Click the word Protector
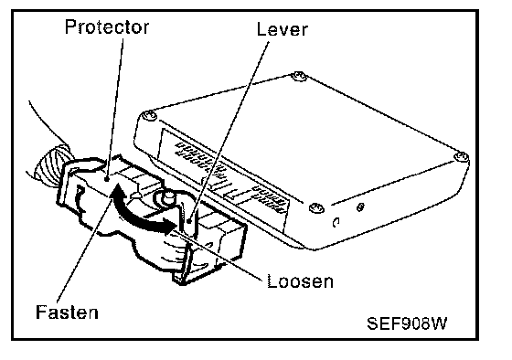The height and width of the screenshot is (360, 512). pyautogui.click(x=107, y=26)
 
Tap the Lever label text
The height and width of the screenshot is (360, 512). pyautogui.click(x=282, y=29)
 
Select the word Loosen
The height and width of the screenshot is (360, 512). pyautogui.click(x=300, y=281)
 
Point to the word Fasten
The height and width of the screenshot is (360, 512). pyautogui.click(x=67, y=312)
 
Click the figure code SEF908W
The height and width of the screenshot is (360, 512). pyautogui.click(x=407, y=323)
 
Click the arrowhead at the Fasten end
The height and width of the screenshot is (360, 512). pyautogui.click(x=116, y=192)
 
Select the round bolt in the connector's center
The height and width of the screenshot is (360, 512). pyautogui.click(x=169, y=196)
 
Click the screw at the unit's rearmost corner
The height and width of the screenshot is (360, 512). pyautogui.click(x=299, y=77)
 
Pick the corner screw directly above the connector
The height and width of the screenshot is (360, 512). pyautogui.click(x=149, y=115)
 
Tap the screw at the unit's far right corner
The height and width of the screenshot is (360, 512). pyautogui.click(x=462, y=156)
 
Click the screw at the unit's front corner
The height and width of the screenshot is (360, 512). pyautogui.click(x=316, y=208)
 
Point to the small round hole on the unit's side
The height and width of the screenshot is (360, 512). pyautogui.click(x=360, y=206)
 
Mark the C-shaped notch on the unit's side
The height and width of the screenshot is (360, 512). pyautogui.click(x=336, y=222)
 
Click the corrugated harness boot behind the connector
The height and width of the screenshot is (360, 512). pyautogui.click(x=52, y=164)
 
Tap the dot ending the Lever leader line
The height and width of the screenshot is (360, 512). pyautogui.click(x=189, y=222)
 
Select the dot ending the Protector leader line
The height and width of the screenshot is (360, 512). pyautogui.click(x=106, y=179)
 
